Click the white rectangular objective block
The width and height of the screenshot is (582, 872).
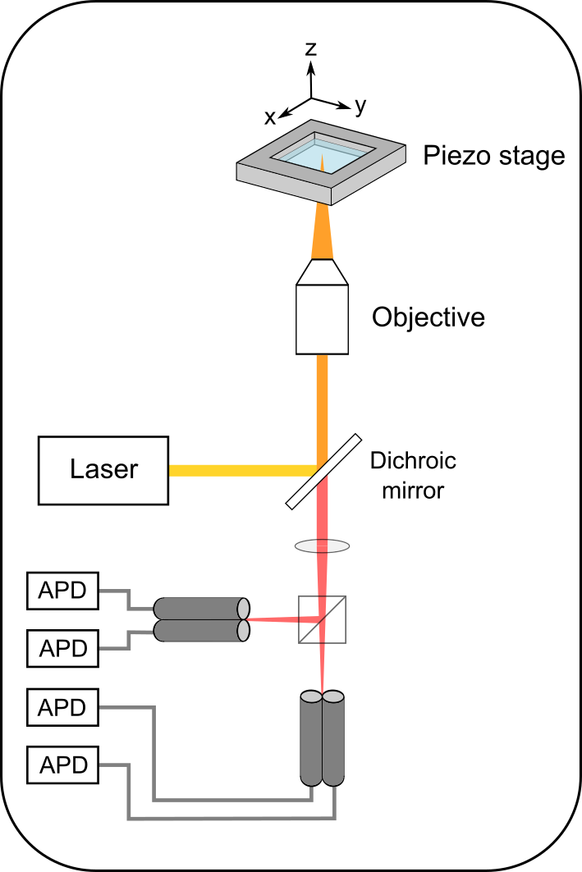(322, 319)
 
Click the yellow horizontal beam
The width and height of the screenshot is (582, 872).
(238, 470)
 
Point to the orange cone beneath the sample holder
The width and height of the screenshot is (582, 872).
(322, 234)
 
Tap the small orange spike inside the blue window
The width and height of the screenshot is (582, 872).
(322, 162)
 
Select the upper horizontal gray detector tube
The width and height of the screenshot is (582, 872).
(197, 609)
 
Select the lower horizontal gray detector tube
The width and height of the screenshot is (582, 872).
(197, 630)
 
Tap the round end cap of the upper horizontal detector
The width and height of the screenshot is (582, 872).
(243, 609)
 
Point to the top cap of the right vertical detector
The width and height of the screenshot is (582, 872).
(333, 696)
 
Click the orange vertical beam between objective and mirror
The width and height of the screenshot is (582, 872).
(322, 402)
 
